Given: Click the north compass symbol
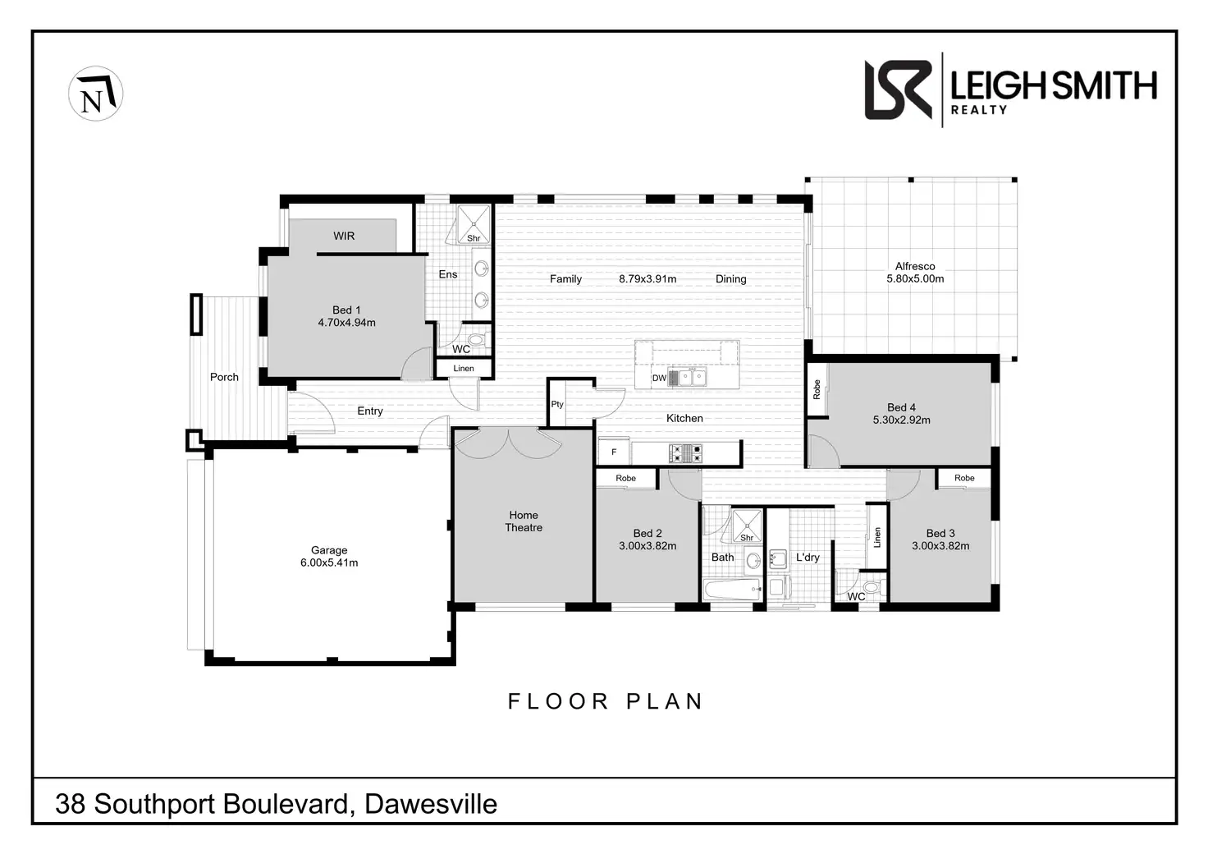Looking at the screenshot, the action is point(95,94).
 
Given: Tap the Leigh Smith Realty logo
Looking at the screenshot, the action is point(1010,90).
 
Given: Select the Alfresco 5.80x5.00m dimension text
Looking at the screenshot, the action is point(915,279).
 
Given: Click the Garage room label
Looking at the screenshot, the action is point(329,550).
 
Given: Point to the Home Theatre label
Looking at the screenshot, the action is point(524,521).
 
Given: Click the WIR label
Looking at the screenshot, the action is point(344,236).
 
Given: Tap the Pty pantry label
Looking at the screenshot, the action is point(557,404).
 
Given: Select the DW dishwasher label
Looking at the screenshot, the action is point(659,379).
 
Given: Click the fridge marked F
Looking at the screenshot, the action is point(614,452).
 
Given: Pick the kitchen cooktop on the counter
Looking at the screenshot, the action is point(686,452).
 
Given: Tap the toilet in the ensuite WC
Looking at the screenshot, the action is point(475,338).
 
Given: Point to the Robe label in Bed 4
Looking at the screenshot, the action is point(817,389).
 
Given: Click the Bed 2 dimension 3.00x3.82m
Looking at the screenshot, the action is point(647,546).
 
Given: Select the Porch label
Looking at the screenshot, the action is point(224,377).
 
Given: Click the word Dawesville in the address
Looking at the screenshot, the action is point(431,804).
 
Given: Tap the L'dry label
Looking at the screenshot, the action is point(808,558).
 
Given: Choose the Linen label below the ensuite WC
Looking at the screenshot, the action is point(464,369).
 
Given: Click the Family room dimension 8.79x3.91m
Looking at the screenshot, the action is point(647,279).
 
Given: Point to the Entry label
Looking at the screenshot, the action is point(370,411).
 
